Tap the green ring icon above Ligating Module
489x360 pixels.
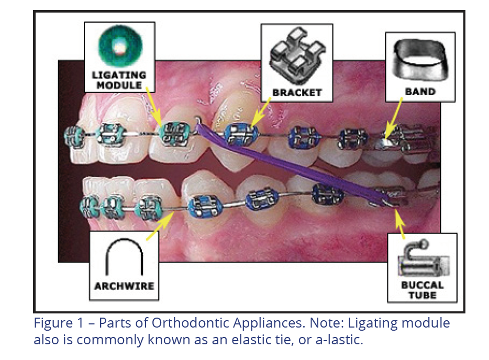tap(119, 46)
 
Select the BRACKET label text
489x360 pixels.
tap(297, 93)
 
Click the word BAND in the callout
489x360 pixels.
tap(420, 92)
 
